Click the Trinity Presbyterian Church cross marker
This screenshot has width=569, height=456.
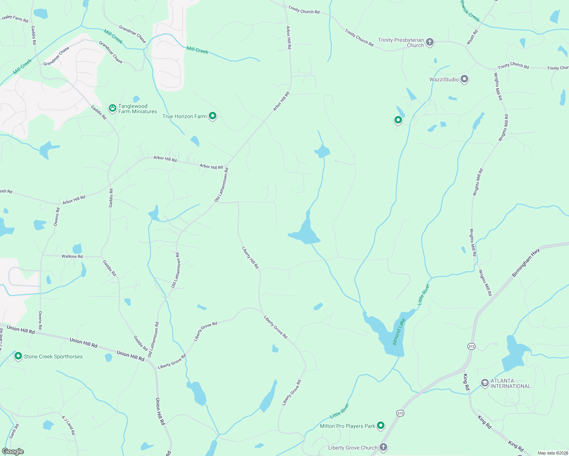tap(430, 42)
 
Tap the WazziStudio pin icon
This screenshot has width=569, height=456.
tap(464, 79)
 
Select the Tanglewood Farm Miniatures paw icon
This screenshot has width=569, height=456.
tap(113, 108)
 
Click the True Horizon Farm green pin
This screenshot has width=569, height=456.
tap(213, 116)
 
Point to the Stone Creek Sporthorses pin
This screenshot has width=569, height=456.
tap(18, 356)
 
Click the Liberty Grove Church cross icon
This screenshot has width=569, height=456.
tap(383, 447)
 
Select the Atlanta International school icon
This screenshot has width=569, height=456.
tap(485, 383)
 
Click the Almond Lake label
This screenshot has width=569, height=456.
tap(399, 332)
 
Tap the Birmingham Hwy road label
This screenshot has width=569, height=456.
tap(526, 263)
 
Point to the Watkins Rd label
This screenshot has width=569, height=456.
tap(72, 256)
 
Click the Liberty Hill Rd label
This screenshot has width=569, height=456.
tap(250, 258)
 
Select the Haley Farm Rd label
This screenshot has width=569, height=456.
tap(15, 18)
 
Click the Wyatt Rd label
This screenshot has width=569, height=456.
tap(472, 38)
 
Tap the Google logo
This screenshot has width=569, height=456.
tap(13, 451)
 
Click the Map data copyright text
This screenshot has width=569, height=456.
tap(552, 453)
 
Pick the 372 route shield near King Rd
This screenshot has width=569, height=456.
tap(472, 346)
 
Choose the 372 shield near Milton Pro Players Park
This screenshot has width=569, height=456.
tap(400, 413)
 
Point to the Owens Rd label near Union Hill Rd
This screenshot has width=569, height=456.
tap(40, 320)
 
